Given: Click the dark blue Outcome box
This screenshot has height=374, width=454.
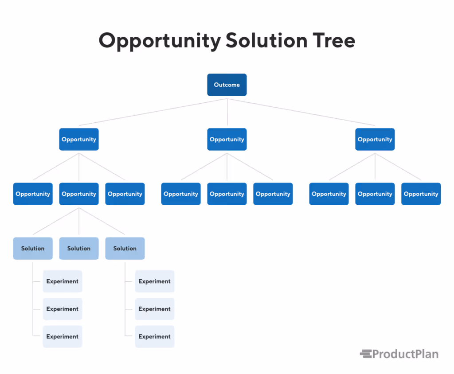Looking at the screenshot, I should click(x=227, y=85).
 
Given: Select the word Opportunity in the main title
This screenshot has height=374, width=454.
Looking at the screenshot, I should click(x=159, y=41).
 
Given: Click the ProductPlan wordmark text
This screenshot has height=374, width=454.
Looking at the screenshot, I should click(x=405, y=354).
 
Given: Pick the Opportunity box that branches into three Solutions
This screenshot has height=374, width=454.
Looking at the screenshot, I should click(x=79, y=194).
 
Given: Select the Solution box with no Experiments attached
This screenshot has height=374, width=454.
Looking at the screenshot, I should click(x=79, y=248).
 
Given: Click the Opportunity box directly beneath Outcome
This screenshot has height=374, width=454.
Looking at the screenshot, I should click(x=227, y=139).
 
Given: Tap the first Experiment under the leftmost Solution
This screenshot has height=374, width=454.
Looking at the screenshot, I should click(x=62, y=281).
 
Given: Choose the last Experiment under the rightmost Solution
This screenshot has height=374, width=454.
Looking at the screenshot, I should click(x=154, y=336).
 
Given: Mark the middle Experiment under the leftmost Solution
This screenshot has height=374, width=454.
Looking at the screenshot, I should click(x=62, y=309).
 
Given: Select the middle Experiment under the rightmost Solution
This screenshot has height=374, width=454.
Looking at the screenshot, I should click(x=154, y=309).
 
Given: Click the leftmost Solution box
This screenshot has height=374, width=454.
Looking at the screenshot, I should click(x=33, y=248).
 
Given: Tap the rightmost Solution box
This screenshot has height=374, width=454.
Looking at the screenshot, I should click(x=125, y=248).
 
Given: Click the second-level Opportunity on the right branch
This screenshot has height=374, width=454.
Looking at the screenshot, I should click(x=375, y=139).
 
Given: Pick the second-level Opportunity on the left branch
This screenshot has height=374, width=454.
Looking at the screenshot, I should click(x=79, y=139).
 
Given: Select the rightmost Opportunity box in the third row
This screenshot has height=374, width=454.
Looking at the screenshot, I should click(x=421, y=194).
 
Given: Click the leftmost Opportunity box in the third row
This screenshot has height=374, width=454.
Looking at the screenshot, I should click(x=33, y=194).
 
